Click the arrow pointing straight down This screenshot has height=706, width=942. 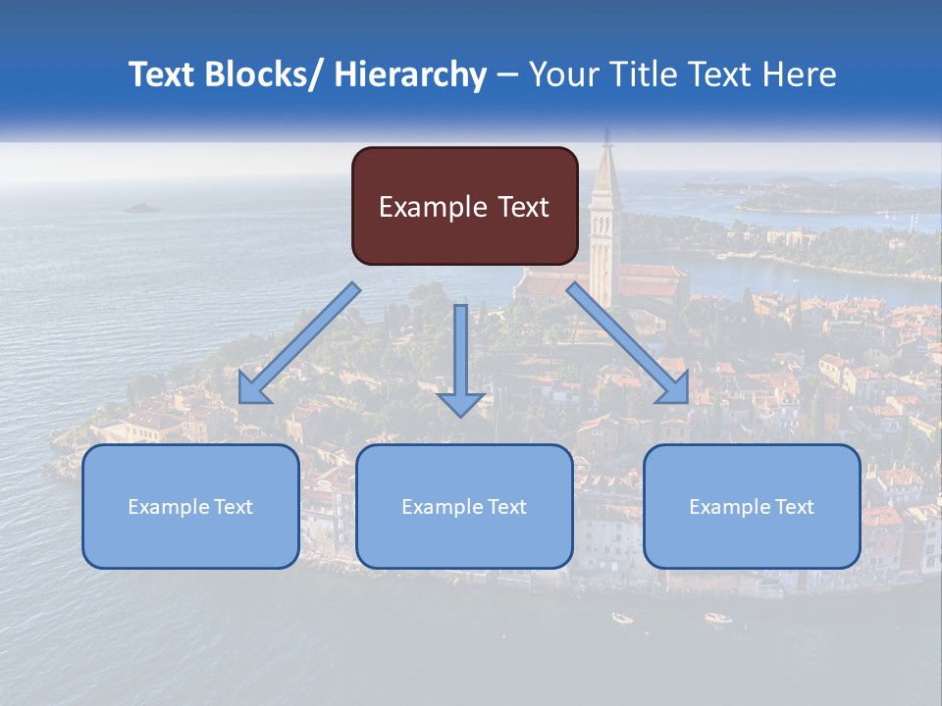coord(460,363)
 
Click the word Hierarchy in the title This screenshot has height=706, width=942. coord(410,75)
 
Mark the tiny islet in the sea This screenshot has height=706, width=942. coord(142,208)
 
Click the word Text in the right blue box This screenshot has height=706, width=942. coord(792,507)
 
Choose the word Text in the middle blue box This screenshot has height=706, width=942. coord(504,507)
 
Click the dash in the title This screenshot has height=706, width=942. coord(507,75)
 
